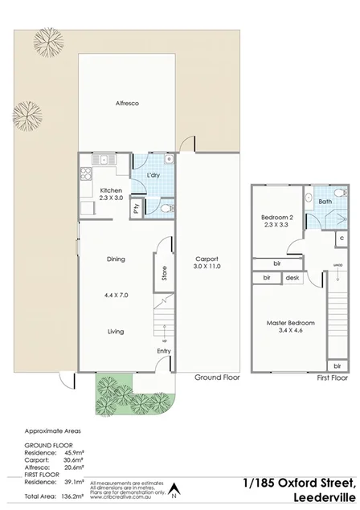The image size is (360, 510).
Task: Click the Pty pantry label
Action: point(137,207)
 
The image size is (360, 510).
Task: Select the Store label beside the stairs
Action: point(164,274)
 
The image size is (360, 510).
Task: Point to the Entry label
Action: point(164,350)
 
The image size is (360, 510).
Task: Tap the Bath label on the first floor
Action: point(324,202)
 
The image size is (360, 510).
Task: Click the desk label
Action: point(292,278)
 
